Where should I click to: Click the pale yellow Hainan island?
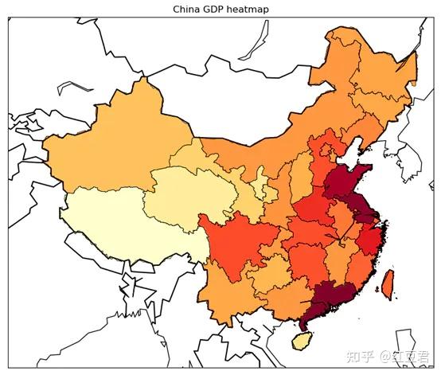click(301, 340)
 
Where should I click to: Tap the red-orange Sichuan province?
click(235, 239)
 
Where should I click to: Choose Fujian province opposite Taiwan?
click(354, 271)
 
